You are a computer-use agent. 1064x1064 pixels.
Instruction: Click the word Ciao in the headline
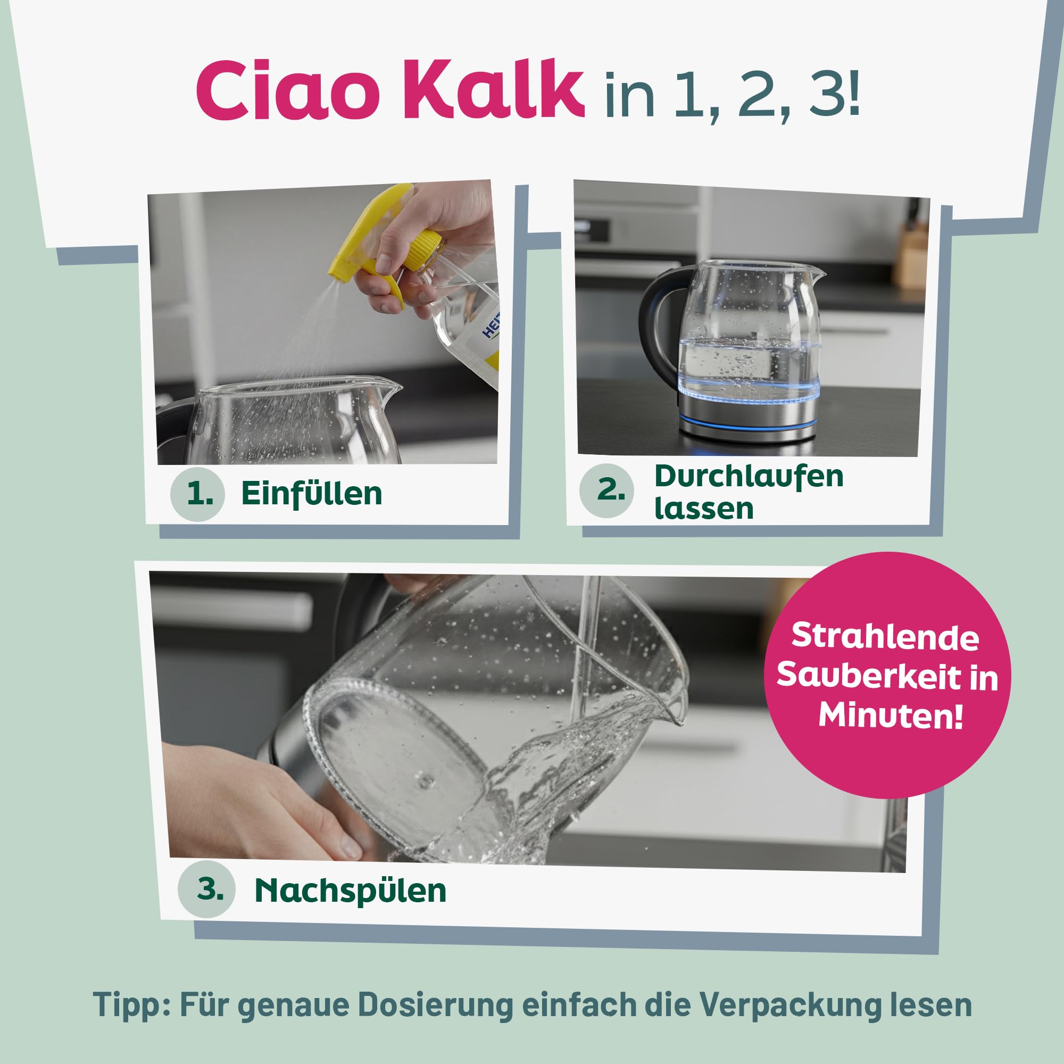coord(287,92)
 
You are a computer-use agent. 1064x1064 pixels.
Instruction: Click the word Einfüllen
coord(311,494)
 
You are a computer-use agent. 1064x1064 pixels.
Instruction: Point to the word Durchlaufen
coord(749,476)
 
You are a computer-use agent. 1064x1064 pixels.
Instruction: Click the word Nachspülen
coord(350,891)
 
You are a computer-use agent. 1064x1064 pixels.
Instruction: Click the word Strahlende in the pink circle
coord(885,637)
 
